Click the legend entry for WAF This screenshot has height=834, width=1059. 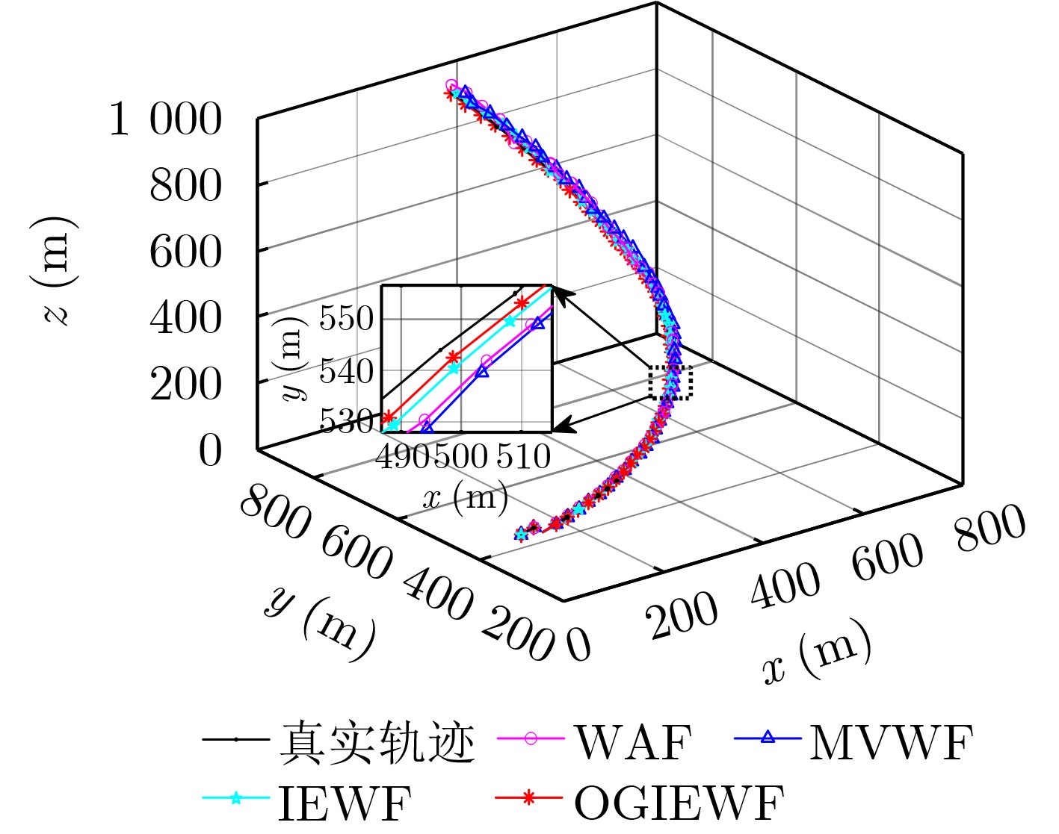[632, 742]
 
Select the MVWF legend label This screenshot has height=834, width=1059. [891, 742]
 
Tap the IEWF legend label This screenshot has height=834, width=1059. [345, 802]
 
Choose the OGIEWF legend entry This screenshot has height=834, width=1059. [679, 802]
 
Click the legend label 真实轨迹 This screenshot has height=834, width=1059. [377, 742]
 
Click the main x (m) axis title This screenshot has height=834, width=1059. [817, 652]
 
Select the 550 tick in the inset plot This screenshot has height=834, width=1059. [346, 319]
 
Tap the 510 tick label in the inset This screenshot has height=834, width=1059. [523, 455]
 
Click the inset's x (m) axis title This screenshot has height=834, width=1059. [465, 495]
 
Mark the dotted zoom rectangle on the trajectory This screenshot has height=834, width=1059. [670, 382]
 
